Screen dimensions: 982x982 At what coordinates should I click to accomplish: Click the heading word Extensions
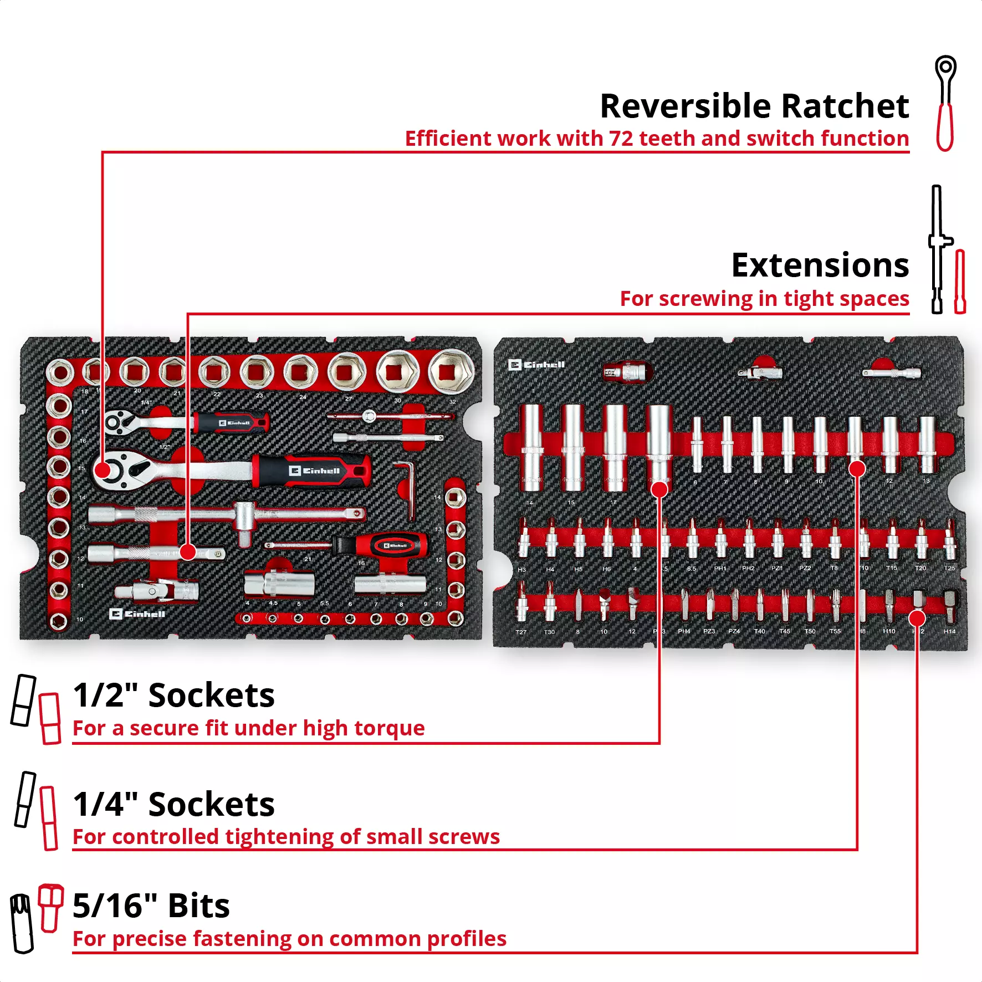[x=820, y=265]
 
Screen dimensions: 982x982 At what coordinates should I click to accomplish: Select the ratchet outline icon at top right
[x=945, y=103]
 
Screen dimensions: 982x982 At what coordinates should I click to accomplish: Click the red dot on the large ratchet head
[x=103, y=470]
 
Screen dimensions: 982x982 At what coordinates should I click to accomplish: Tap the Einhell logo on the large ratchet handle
[x=314, y=471]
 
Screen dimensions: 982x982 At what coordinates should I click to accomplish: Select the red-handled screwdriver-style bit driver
[x=382, y=546]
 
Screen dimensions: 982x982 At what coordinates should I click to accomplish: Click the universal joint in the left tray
[x=158, y=591]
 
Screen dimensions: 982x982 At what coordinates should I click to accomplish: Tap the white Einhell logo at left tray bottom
[x=137, y=614]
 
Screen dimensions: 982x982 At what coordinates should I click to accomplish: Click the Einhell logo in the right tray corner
[x=536, y=365]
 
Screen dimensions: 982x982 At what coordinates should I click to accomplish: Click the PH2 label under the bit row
[x=748, y=569]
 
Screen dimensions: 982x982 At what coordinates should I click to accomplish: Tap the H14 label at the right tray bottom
[x=949, y=631]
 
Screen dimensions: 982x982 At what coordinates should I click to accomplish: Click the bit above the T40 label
[x=760, y=605]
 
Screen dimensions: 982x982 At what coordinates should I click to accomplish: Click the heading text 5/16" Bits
[x=151, y=906]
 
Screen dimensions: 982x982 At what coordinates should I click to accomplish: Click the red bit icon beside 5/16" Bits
[x=50, y=908]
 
